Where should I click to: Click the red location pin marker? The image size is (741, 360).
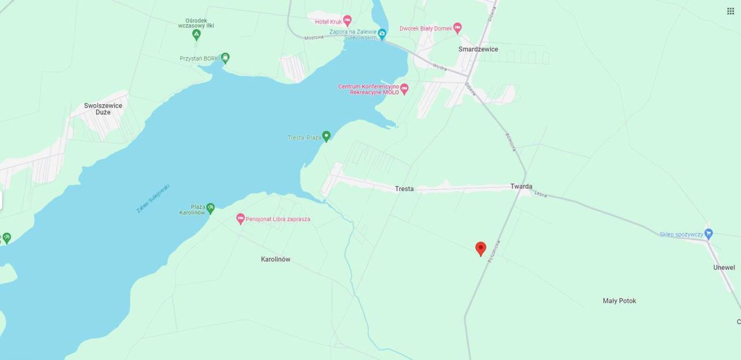click(480, 248)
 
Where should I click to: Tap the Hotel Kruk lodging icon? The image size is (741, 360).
click(347, 21)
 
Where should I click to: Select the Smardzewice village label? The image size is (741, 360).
click(478, 49)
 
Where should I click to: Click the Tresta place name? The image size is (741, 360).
click(404, 189)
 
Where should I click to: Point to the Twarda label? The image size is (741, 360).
click(521, 186)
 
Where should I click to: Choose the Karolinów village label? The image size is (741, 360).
click(276, 259)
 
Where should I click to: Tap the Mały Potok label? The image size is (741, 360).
click(619, 301)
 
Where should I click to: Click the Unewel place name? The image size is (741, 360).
click(724, 267)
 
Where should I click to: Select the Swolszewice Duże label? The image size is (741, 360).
click(103, 109)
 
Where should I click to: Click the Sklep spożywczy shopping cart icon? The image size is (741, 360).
click(709, 234)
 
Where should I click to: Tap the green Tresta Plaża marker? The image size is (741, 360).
click(327, 136)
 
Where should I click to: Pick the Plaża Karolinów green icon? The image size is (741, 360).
click(211, 207)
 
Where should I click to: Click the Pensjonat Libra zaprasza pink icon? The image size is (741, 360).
click(241, 219)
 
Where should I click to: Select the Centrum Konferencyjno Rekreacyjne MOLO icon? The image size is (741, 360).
click(404, 89)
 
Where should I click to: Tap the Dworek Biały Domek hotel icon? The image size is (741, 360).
click(457, 28)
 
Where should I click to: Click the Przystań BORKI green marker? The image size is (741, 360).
click(225, 57)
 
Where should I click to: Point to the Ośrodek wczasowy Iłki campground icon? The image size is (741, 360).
click(196, 35)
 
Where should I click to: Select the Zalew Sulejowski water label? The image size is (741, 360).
click(153, 198)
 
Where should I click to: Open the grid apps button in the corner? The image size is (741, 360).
click(731, 11)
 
